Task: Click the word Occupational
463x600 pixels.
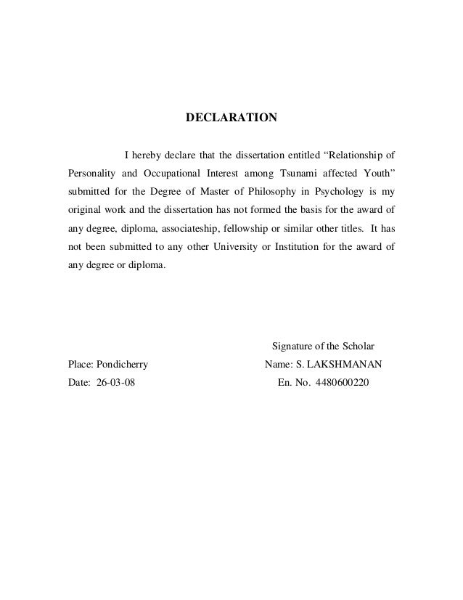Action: pos(169,173)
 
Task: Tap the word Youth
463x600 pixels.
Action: pos(374,173)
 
